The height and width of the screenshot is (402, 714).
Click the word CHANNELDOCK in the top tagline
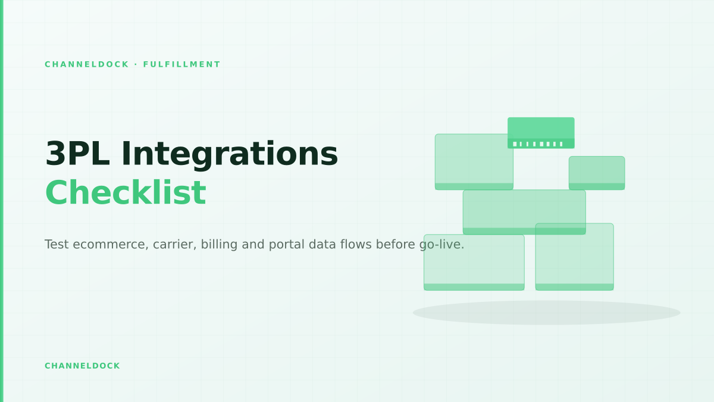[87, 64]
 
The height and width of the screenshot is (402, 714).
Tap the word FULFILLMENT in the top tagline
[181, 64]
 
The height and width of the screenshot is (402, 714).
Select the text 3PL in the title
[77, 154]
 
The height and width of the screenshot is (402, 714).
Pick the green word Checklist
[126, 192]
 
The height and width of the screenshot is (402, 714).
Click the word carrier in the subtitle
[175, 245]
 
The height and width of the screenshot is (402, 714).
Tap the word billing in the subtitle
[219, 245]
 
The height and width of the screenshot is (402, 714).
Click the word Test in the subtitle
[57, 244]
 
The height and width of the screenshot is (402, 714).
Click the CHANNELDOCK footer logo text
[82, 366]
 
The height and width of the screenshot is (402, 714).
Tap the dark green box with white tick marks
[541, 133]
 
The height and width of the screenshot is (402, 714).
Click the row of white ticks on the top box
[538, 144]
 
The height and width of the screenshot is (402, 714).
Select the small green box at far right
[597, 173]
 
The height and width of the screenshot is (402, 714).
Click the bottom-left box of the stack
[474, 262]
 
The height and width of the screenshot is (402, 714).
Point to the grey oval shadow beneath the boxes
[546, 313]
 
